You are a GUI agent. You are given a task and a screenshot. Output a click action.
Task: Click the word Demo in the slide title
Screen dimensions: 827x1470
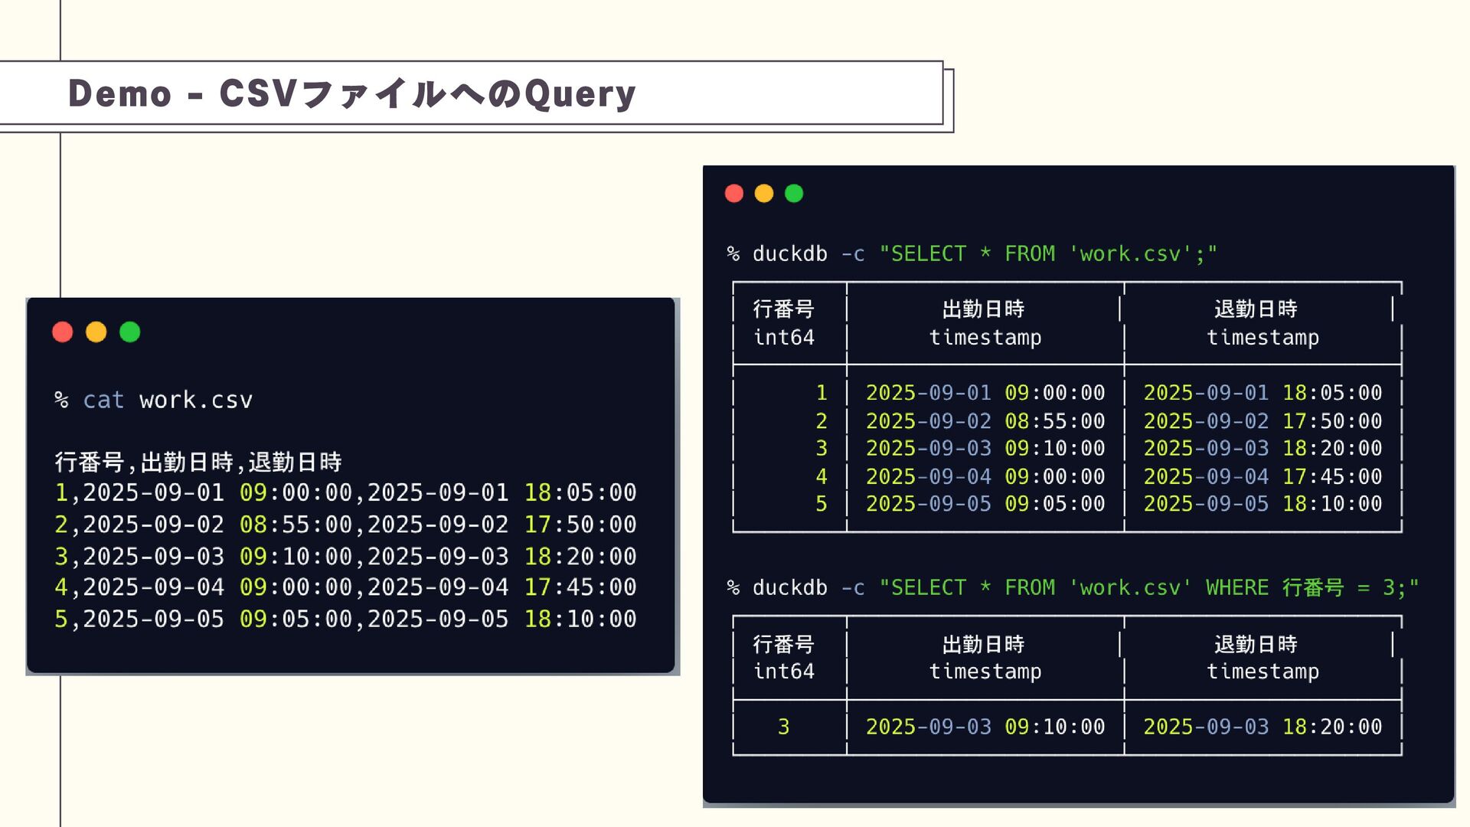(x=119, y=93)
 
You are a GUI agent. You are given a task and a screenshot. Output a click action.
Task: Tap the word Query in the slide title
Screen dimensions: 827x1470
(x=580, y=93)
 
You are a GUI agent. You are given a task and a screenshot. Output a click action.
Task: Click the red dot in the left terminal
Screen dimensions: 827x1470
(x=63, y=332)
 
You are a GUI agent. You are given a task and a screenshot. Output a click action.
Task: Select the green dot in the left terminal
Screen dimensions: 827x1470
(x=130, y=332)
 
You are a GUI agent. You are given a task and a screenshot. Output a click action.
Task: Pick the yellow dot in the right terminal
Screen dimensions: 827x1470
(x=764, y=193)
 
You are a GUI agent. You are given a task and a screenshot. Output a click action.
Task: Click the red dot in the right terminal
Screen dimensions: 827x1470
(x=734, y=193)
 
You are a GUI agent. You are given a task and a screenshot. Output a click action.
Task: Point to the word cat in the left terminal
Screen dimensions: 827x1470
(x=103, y=400)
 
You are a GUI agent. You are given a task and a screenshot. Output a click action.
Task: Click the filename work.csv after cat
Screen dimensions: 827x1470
(x=196, y=400)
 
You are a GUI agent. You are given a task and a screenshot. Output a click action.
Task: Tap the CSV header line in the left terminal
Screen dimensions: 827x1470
(x=198, y=462)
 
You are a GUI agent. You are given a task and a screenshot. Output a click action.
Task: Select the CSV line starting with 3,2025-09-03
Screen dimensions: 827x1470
(x=345, y=556)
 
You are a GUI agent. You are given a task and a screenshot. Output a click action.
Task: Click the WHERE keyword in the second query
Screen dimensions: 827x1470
(x=1236, y=587)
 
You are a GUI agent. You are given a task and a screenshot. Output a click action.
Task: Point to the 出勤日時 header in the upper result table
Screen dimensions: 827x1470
(x=984, y=309)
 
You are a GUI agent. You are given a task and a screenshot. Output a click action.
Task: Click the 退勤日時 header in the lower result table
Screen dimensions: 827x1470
(x=1256, y=644)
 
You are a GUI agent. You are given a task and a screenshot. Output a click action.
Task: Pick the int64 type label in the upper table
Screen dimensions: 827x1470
(x=784, y=337)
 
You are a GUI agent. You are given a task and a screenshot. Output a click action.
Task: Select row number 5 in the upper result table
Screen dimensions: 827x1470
(x=821, y=504)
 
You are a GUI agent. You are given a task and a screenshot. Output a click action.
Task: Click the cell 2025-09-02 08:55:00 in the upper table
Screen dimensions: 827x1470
(x=985, y=420)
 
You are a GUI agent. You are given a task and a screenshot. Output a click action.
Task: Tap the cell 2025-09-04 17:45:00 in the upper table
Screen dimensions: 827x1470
(x=1263, y=476)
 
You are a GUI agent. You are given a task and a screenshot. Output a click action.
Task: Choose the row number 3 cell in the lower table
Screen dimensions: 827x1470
(x=783, y=727)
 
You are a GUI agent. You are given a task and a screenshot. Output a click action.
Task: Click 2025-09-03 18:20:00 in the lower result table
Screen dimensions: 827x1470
(x=1263, y=727)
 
